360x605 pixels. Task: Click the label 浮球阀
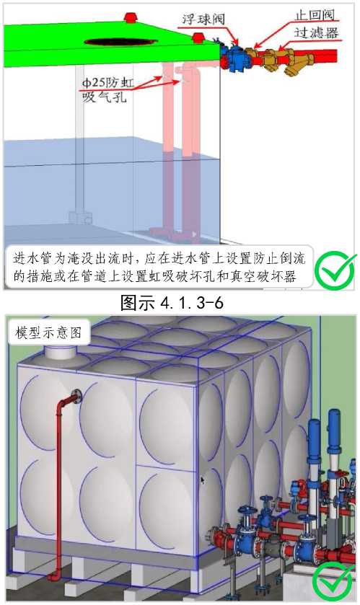203,19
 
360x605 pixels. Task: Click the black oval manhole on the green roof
120,41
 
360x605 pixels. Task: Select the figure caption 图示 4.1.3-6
172,303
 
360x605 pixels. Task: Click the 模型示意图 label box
48,332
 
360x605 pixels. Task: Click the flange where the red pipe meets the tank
77,397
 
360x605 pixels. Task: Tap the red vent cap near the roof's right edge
198,37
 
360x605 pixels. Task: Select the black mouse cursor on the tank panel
202,480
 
